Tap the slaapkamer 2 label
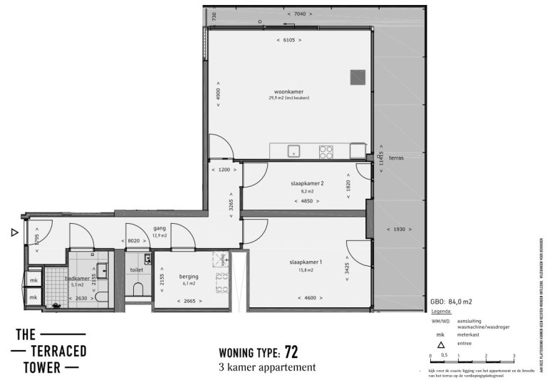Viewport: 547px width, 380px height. pos(307,183)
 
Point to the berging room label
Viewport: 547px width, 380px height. pos(189,276)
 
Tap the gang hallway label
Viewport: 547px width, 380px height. pos(160,228)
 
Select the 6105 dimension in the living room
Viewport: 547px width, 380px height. pos(288,40)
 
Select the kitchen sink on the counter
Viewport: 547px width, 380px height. pos(293,151)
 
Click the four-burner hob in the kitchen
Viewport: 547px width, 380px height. pos(326,151)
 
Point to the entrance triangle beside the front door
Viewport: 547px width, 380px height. pos(14,232)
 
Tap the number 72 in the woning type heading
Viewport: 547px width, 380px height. pos(291,351)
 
